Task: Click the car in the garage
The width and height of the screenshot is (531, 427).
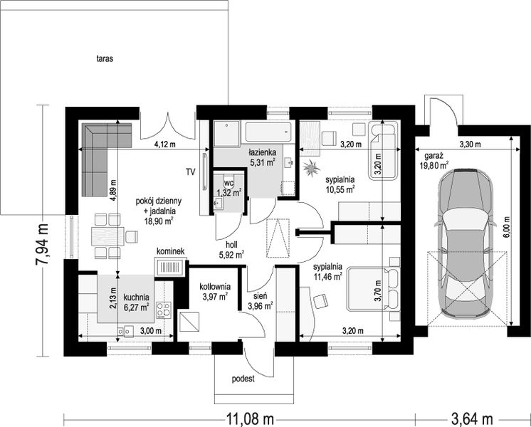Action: pyautogui.click(x=465, y=243)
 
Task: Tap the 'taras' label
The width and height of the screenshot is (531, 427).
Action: pyautogui.click(x=105, y=58)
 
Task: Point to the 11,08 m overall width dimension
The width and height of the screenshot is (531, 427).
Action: pyautogui.click(x=250, y=419)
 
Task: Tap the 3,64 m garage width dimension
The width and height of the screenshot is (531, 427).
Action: pyautogui.click(x=472, y=419)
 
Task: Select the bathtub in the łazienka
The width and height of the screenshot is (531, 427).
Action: pyautogui.click(x=268, y=132)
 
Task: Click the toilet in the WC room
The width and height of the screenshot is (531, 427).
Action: pyautogui.click(x=229, y=181)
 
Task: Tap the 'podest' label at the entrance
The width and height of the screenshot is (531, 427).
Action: pyautogui.click(x=243, y=379)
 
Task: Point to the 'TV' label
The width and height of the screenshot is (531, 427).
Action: pyautogui.click(x=190, y=172)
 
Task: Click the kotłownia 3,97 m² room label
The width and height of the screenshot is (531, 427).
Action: pyautogui.click(x=215, y=292)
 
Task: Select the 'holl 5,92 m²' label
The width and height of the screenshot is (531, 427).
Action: pyautogui.click(x=230, y=248)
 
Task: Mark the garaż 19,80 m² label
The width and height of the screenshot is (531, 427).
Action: pyautogui.click(x=436, y=161)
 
